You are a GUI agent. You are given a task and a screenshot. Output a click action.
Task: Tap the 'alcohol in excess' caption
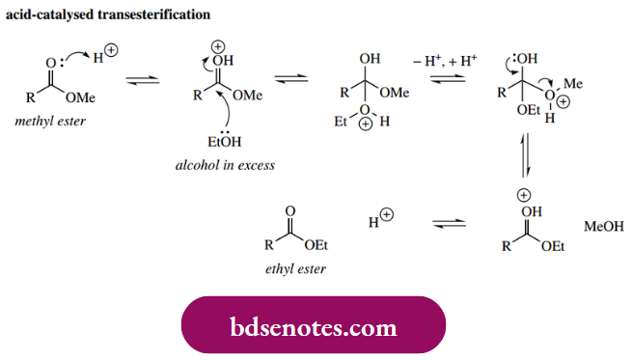[225, 165]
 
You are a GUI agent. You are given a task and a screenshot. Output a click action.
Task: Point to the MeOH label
[604, 228]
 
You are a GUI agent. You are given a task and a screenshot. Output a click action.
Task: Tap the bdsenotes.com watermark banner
[314, 327]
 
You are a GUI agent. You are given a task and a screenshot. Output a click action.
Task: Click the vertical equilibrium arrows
[525, 153]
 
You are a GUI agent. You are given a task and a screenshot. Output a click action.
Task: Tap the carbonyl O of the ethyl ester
[291, 209]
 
